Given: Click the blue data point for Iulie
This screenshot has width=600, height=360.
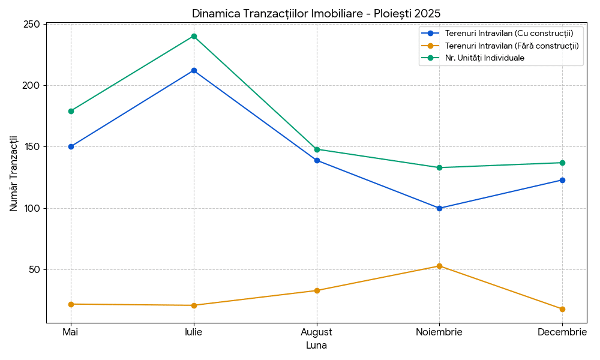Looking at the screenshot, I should pos(194,70).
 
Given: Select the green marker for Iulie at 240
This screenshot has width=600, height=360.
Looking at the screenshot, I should pos(194,36).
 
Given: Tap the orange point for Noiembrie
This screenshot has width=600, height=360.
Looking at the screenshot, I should pos(439,266).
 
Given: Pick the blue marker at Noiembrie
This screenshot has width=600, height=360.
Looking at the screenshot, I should pos(439,208).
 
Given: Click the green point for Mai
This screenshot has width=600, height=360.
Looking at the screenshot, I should pos(71,111).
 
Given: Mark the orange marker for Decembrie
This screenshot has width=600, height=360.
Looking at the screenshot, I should pos(562,309).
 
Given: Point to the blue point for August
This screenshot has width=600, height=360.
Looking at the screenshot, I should pos(317,160).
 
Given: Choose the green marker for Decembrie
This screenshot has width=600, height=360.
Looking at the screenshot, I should pos(562,163).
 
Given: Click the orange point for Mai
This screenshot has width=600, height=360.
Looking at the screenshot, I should pos(71,304).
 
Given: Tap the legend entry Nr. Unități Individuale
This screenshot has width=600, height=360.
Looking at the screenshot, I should pos(484,58).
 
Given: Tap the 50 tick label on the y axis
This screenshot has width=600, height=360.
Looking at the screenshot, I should pos(35,269).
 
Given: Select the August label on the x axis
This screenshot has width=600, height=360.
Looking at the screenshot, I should pos(317,332).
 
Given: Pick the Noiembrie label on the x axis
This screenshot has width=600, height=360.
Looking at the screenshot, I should pos(439,332).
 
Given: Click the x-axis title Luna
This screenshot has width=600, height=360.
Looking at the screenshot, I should pos(316,346).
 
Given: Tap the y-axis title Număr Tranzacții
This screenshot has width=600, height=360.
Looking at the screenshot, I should pos(14,173).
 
